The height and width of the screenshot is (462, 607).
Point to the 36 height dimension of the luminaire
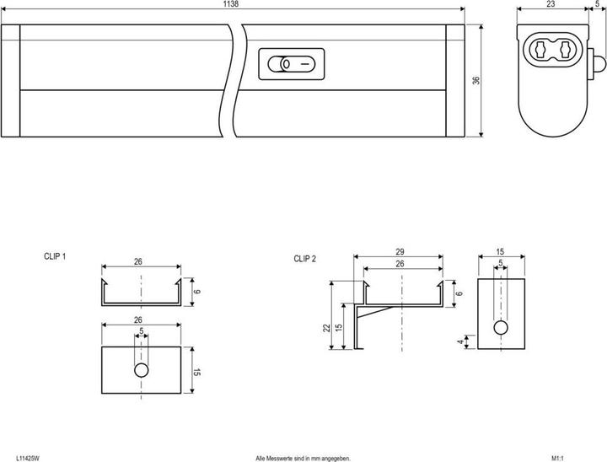pyautogui.click(x=475, y=81)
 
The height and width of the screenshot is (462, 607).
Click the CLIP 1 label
pyautogui.click(x=55, y=255)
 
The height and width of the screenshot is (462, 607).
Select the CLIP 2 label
pyautogui.click(x=304, y=259)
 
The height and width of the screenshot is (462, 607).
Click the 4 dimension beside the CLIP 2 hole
pyautogui.click(x=459, y=341)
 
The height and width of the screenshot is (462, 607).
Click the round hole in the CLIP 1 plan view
pyautogui.click(x=142, y=370)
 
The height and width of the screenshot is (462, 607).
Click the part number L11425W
pyautogui.click(x=27, y=457)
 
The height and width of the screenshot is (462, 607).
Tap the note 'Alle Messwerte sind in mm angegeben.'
pyautogui.click(x=302, y=457)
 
